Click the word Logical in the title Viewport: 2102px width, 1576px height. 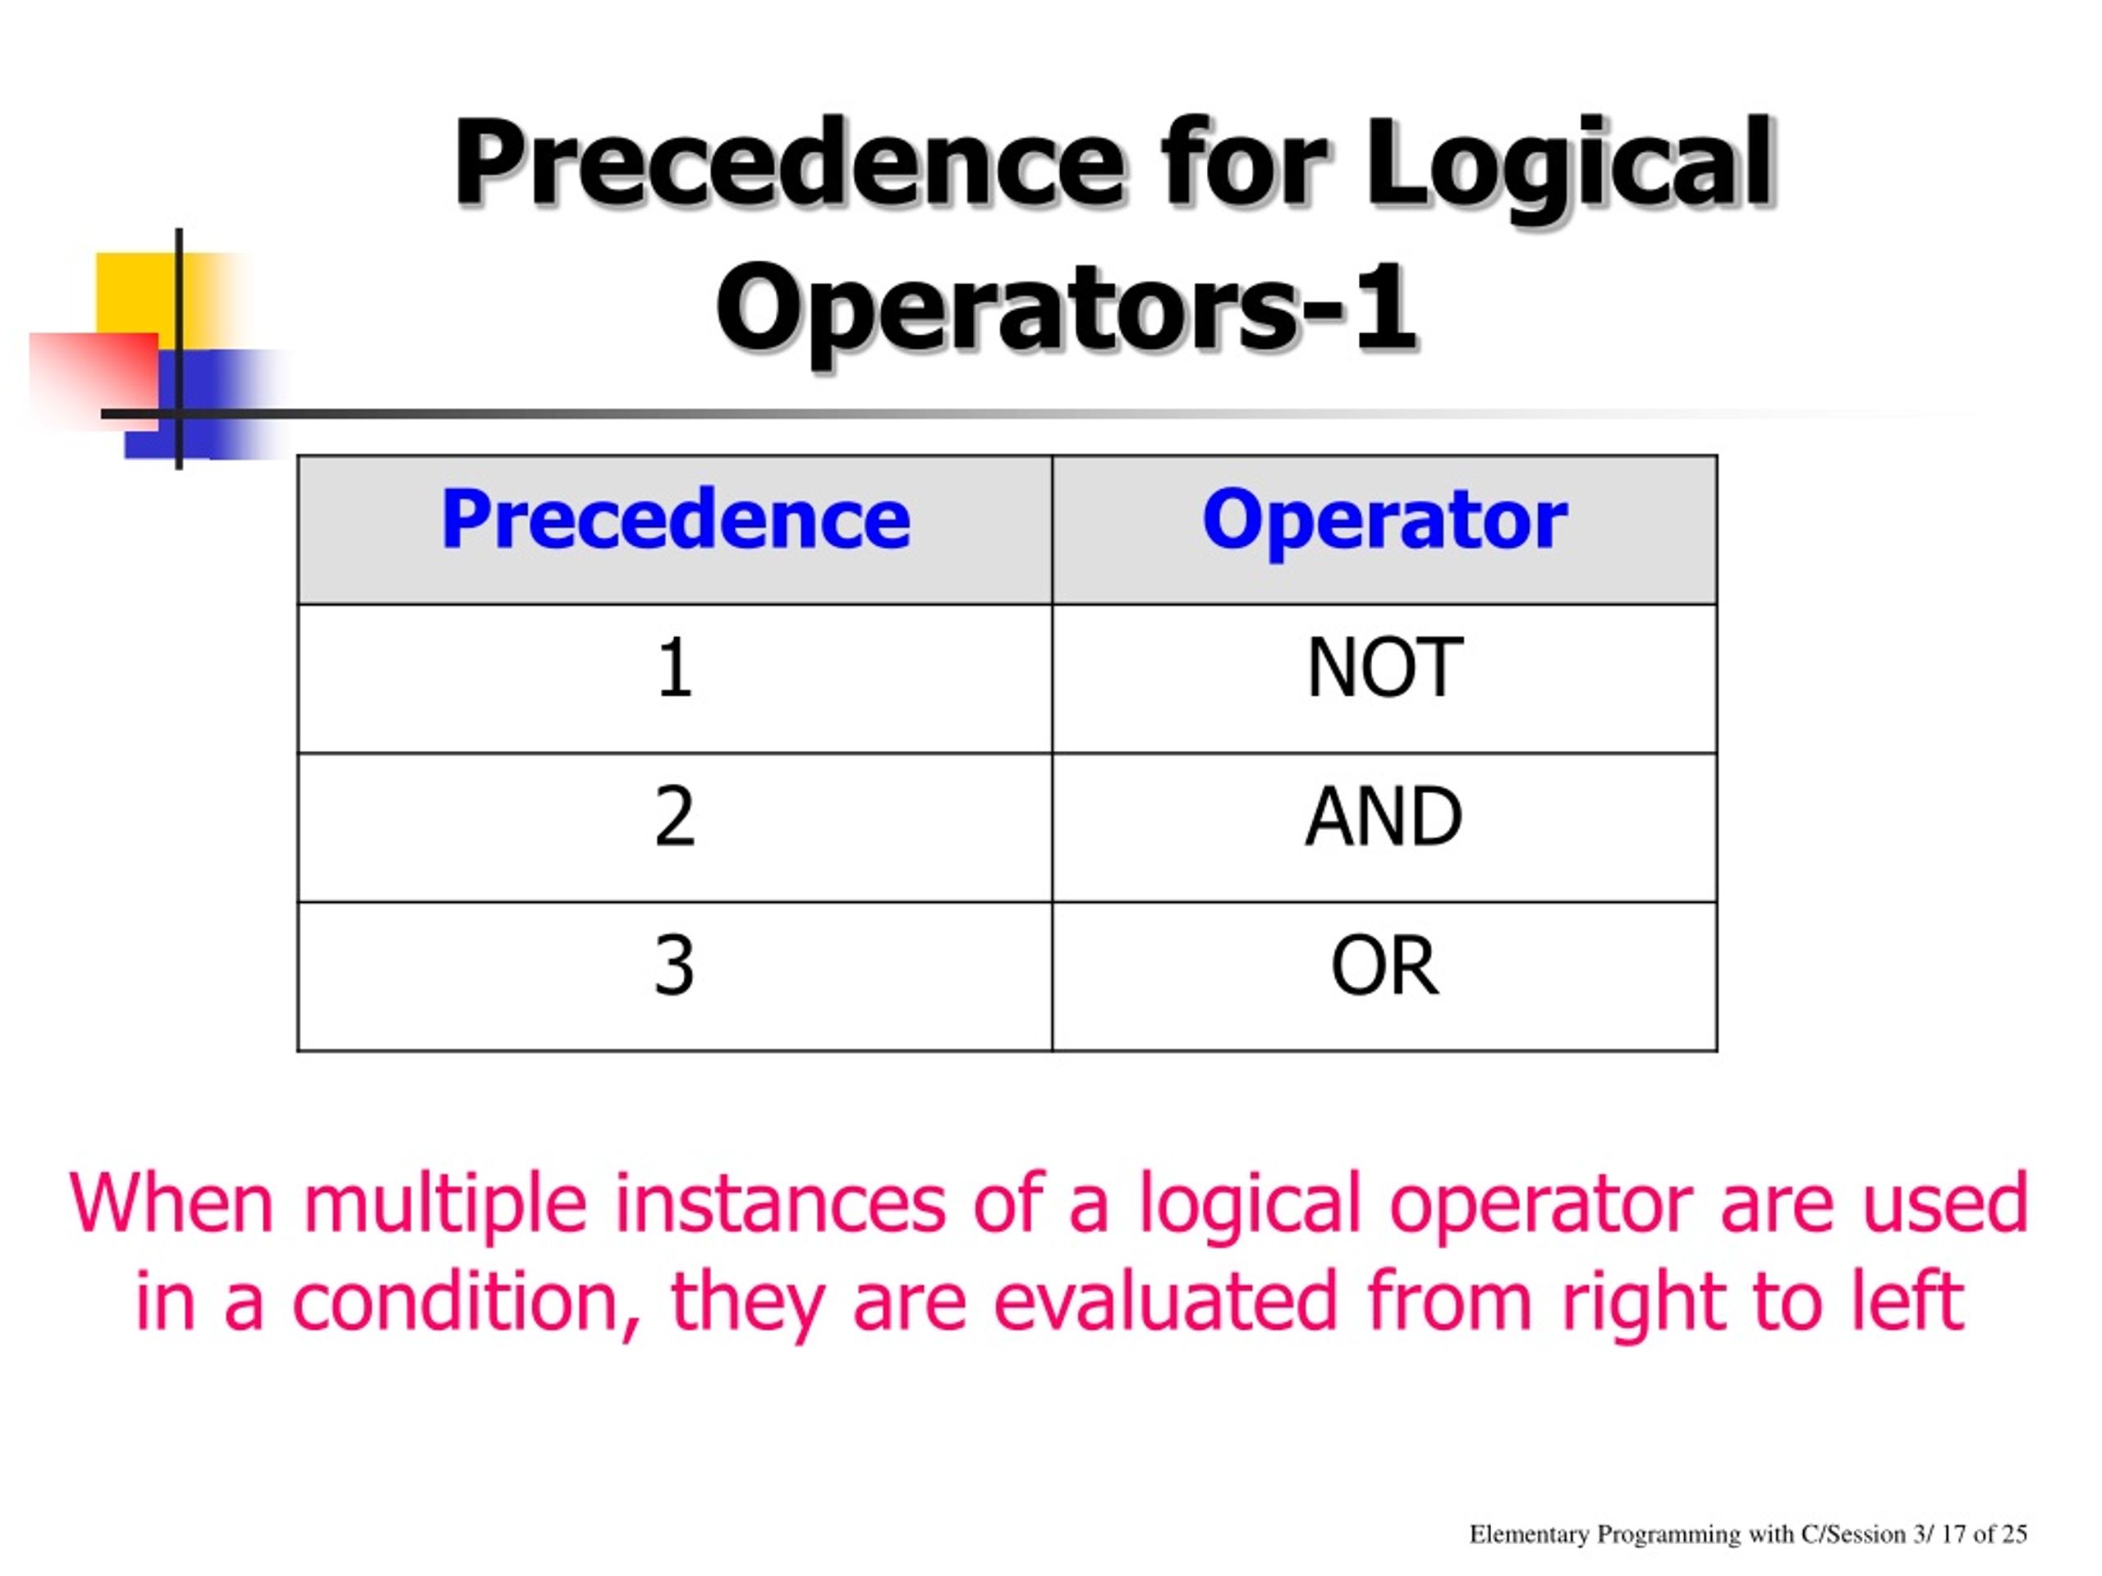[x=1568, y=163]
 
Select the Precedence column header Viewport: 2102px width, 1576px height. [x=675, y=520]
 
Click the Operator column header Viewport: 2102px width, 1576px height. [x=1384, y=520]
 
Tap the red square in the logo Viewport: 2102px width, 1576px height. [x=90, y=375]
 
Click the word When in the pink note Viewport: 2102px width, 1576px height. [x=172, y=1203]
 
